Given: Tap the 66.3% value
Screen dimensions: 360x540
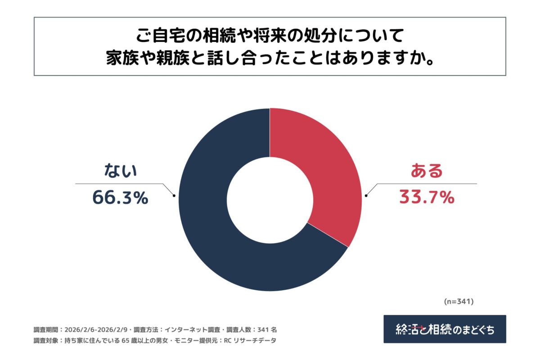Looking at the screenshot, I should point(120,198).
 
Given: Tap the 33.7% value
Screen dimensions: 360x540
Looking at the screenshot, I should point(426,198).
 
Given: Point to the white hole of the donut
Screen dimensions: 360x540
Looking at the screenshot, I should point(270,200).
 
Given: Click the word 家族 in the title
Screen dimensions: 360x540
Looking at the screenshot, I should point(120,58).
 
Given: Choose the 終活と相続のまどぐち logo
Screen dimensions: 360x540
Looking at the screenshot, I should point(445,329).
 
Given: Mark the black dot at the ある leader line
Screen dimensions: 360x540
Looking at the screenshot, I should point(366,195).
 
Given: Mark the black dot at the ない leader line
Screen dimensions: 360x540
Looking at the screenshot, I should point(174,195).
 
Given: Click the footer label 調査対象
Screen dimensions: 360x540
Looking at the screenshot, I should point(46,341).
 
